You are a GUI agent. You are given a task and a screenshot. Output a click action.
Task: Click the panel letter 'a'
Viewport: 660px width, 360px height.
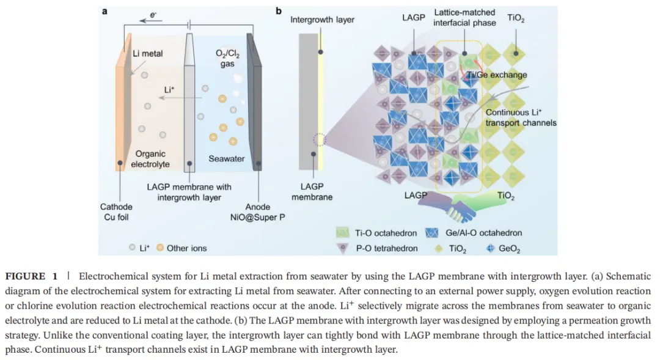point(105,10)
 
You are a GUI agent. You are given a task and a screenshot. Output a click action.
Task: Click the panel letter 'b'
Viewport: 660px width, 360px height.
point(279,10)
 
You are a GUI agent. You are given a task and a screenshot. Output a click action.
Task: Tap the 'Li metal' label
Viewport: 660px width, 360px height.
point(148,54)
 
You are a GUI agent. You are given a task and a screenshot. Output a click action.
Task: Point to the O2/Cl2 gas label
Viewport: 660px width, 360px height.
point(227,59)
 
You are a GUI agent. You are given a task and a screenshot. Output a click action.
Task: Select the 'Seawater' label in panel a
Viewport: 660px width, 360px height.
point(226,159)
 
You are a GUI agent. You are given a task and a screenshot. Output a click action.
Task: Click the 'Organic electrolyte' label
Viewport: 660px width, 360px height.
point(150,159)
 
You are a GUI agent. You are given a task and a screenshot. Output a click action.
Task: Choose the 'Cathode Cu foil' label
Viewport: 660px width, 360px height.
point(116,212)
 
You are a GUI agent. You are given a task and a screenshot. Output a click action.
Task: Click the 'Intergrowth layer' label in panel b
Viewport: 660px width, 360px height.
point(322,20)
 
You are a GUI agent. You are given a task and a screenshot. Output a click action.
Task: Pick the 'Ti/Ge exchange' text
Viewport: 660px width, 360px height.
point(496,75)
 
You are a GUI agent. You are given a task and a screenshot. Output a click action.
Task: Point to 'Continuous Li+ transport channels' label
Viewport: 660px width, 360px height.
point(521,117)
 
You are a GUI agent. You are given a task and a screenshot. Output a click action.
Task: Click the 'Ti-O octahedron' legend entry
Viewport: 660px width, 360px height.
point(378,233)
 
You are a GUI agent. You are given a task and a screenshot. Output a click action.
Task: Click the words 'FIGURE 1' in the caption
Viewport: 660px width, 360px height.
point(42,277)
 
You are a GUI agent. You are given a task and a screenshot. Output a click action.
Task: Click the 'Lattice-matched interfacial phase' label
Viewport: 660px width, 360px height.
point(464,18)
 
